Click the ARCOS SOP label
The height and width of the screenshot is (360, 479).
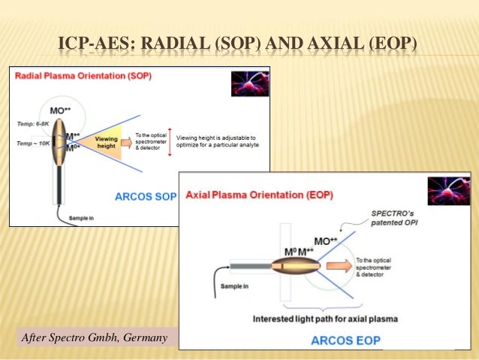pyautogui.click(x=145, y=197)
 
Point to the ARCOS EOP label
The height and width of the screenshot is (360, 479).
pyautogui.click(x=341, y=340)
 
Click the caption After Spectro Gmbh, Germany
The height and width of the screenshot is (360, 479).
pyautogui.click(x=95, y=337)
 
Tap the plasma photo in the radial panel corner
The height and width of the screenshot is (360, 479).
pyautogui.click(x=250, y=83)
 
